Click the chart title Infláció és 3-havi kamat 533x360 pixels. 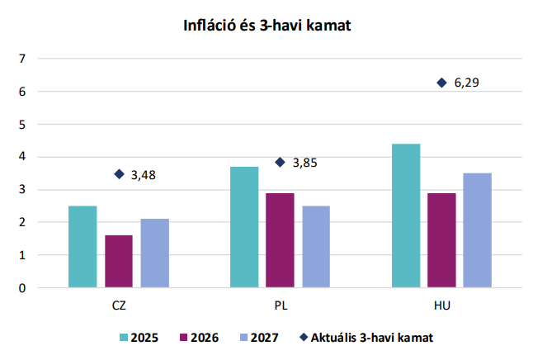pos(267,26)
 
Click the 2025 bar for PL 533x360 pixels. pos(243,227)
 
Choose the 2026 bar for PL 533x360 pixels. pos(280,240)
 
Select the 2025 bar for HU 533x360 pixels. pos(405,216)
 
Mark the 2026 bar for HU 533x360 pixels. pos(441,240)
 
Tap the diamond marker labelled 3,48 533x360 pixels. pos(119,174)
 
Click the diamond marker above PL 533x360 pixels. pos(280,162)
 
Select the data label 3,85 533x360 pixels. pos(305,163)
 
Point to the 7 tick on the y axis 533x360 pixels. pos(23,59)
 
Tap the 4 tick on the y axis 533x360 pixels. pos(23,157)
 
